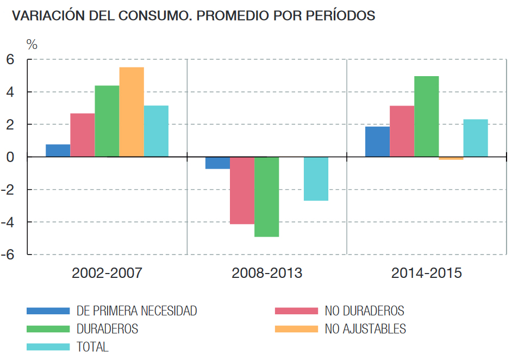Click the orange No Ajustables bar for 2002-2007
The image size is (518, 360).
pos(132,112)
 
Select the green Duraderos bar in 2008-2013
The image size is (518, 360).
pos(266,197)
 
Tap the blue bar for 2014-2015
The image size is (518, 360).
pos(377,142)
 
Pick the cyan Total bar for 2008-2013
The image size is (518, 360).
pos(316,179)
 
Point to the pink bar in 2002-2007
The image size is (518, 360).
pos(82,135)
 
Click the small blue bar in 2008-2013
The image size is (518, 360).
pos(217,163)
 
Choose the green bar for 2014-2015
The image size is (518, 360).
pos(426,116)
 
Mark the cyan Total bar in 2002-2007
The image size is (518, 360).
pos(156,131)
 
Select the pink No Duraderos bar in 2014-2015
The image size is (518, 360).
pos(402,131)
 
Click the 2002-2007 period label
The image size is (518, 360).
pos(107,273)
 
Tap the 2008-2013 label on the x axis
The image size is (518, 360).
pos(266,273)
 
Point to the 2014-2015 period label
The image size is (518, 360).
pos(426,273)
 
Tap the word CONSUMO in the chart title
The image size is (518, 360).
pos(153,16)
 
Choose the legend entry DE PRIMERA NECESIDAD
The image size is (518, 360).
pos(136,311)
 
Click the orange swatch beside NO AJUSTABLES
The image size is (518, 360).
pos(296,329)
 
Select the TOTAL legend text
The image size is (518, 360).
pos(92,347)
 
